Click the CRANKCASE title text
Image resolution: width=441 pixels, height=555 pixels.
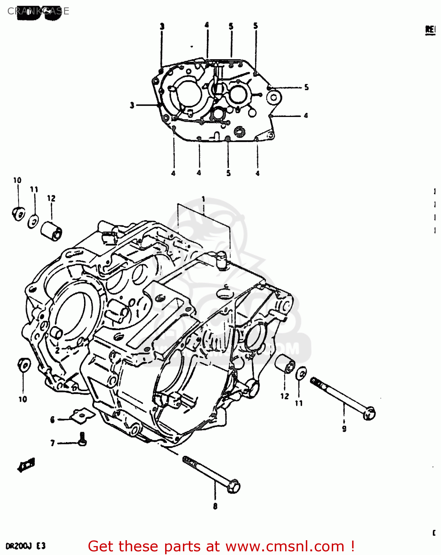tap(38, 11)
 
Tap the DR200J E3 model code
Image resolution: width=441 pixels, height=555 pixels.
tap(26, 546)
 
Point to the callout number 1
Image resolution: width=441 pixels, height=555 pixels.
tap(203, 199)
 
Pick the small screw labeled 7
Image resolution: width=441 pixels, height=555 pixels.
tap(83, 439)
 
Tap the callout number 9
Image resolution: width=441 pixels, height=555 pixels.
tap(344, 428)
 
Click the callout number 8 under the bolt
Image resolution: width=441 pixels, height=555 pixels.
tap(215, 506)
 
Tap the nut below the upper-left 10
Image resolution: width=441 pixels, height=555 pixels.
tap(18, 214)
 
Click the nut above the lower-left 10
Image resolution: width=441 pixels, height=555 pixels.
tap(24, 365)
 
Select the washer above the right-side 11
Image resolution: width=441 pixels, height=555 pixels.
tap(301, 373)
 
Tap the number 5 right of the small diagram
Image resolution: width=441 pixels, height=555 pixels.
tap(306, 87)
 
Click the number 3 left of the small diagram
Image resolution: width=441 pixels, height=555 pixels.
tap(132, 105)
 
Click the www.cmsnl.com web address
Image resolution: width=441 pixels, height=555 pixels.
tap(285, 546)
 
